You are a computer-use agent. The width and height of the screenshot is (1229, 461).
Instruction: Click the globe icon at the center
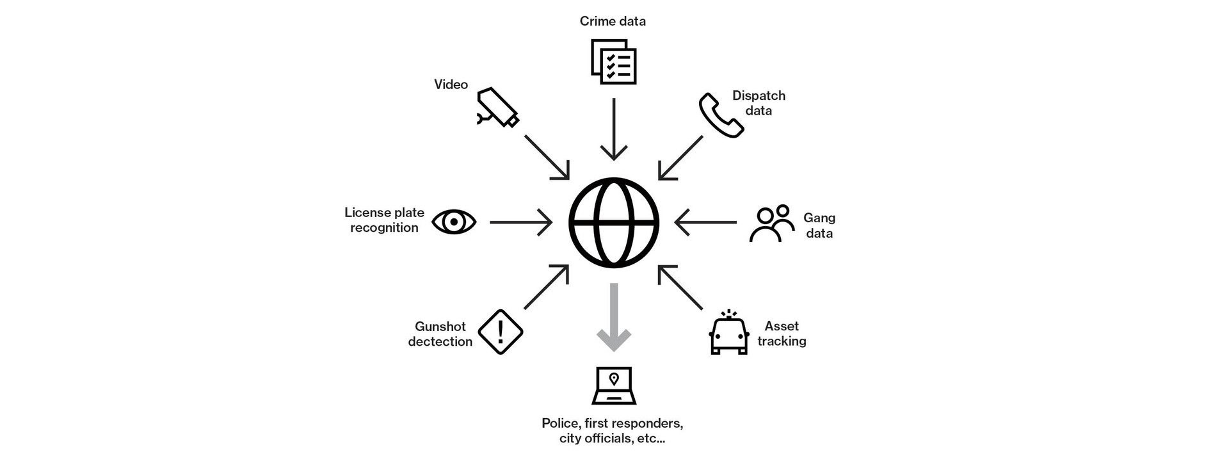(613, 223)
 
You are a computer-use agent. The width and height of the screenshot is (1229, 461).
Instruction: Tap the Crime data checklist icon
(613, 62)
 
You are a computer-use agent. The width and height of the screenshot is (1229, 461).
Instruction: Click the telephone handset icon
(721, 115)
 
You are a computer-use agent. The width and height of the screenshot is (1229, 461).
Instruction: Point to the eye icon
(454, 222)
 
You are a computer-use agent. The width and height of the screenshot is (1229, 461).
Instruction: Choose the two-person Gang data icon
(772, 223)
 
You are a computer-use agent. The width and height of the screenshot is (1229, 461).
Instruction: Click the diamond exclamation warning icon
(501, 332)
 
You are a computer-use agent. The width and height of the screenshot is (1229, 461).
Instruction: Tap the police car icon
(728, 332)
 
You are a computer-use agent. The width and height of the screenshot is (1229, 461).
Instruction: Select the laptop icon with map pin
(613, 385)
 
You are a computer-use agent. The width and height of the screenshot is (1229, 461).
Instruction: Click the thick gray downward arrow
(613, 317)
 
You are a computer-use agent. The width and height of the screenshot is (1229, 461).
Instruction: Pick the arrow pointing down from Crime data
(613, 129)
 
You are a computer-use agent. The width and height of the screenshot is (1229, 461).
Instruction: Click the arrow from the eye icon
(520, 222)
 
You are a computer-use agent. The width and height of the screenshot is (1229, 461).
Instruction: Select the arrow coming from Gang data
(705, 222)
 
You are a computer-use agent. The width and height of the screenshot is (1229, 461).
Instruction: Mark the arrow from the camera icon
(547, 157)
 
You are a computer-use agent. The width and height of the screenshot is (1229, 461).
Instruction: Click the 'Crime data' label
(613, 21)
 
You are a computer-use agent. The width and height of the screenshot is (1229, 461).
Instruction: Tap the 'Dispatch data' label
(759, 103)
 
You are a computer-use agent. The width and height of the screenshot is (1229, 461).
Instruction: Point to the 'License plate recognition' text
(384, 220)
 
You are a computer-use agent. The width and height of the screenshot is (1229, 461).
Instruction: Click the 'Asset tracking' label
(782, 334)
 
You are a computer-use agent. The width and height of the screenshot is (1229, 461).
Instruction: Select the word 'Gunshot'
(440, 327)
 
